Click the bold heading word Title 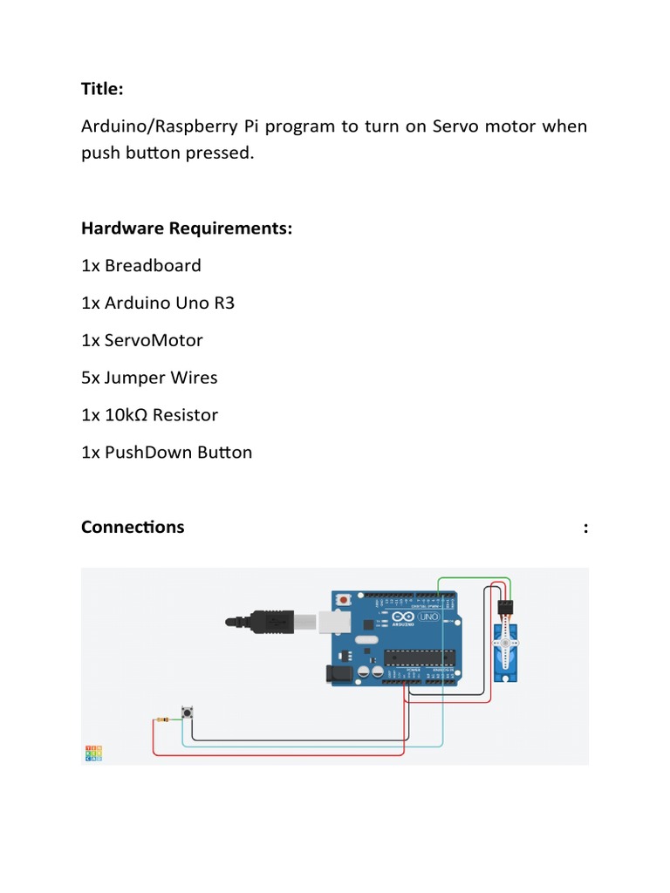pos(102,89)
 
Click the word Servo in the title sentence pos(452,126)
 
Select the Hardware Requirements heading pos(187,228)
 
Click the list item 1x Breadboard pos(141,265)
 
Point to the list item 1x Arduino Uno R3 pos(158,303)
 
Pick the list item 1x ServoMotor pos(141,340)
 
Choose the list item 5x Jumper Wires pos(149,378)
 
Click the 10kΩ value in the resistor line pos(126,415)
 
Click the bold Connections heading pos(133,527)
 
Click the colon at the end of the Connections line pos(585,528)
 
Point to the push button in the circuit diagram pos(187,713)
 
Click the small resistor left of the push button pos(163,719)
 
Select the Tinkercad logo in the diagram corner pos(92,753)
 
